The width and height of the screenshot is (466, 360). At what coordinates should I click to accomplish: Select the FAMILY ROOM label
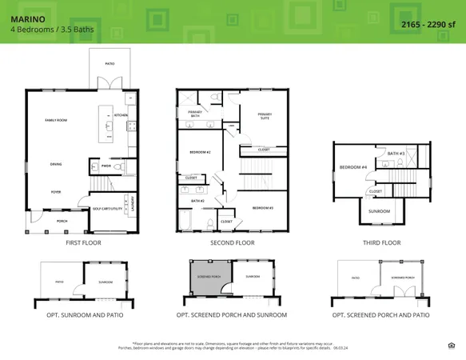click(x=56, y=120)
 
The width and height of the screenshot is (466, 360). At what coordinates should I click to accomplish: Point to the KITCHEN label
click(x=121, y=115)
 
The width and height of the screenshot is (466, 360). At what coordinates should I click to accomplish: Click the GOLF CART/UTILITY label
click(x=107, y=209)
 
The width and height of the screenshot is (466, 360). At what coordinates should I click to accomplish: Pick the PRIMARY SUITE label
click(x=265, y=116)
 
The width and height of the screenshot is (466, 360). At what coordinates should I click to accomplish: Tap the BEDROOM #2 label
click(x=199, y=152)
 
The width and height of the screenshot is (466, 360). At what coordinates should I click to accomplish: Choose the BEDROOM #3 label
click(x=263, y=208)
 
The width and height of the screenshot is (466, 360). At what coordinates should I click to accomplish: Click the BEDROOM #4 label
click(x=352, y=167)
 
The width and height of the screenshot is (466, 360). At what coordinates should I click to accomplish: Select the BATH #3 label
click(x=396, y=153)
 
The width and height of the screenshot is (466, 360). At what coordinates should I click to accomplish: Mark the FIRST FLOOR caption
click(x=83, y=242)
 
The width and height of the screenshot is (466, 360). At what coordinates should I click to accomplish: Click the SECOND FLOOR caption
click(x=232, y=242)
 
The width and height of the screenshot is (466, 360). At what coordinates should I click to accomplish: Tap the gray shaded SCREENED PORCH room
click(x=205, y=278)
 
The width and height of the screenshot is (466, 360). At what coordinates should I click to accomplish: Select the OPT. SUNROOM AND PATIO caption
click(x=83, y=315)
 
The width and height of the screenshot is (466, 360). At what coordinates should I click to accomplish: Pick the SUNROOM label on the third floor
click(x=379, y=211)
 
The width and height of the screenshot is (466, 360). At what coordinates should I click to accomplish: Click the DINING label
click(x=56, y=165)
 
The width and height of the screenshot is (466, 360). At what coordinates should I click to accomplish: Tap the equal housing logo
click(x=452, y=345)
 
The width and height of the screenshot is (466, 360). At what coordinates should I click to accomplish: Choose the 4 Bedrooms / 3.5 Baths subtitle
click(x=43, y=30)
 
